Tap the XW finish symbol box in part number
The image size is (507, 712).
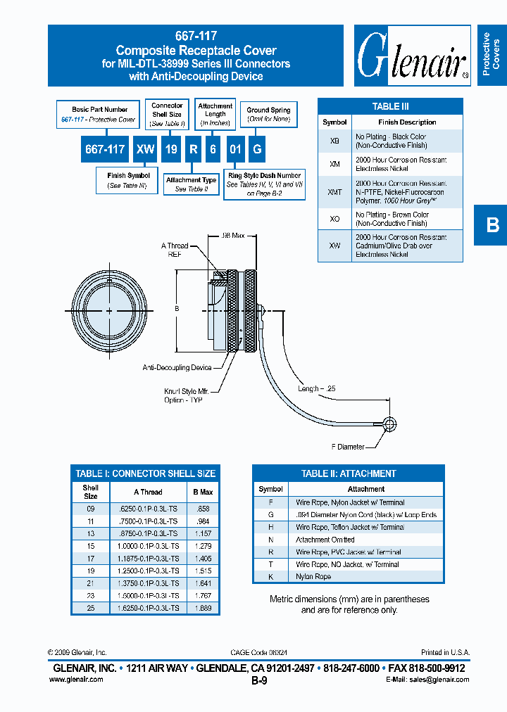145,149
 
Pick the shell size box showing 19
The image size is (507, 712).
170,149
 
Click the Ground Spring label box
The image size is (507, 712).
268,113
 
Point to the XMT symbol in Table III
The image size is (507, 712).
334,191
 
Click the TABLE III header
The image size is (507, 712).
390,106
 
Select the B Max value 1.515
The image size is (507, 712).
203,571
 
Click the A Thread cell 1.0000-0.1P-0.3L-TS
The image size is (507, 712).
148,546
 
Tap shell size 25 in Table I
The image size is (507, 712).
91,608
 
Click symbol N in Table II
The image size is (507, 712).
270,540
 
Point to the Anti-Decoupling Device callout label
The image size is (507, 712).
177,367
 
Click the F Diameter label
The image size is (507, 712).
348,447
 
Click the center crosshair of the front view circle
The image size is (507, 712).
110,310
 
